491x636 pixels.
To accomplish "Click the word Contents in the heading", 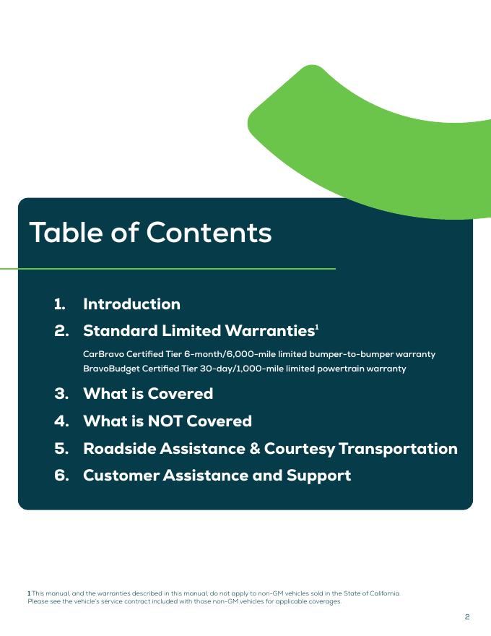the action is (209, 233).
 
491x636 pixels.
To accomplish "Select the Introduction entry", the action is (131, 304).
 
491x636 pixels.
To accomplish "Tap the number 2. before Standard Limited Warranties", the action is (61, 331).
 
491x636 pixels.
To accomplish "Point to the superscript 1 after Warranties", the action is (317, 327).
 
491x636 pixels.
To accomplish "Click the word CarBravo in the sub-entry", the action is (103, 354).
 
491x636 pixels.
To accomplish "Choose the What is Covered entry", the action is (148, 394).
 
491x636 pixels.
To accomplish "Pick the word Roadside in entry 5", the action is (119, 449).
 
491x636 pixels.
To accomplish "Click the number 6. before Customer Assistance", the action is (61, 476).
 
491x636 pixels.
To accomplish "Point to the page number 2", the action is (467, 616).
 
